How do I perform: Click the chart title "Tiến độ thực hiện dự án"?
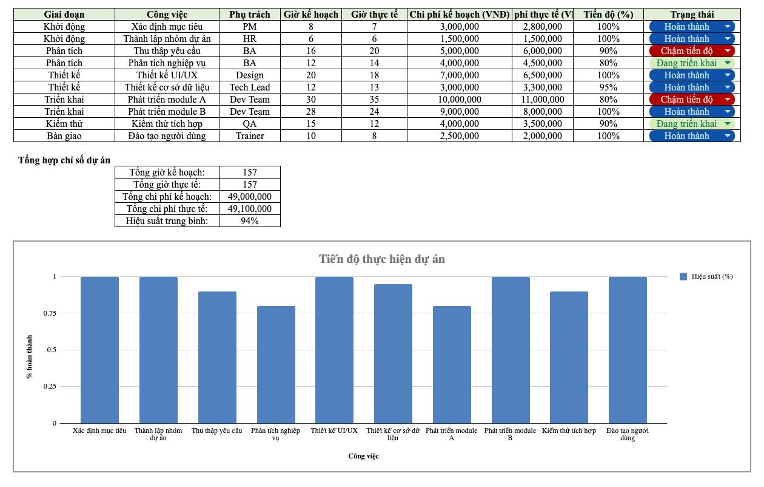click(x=382, y=259)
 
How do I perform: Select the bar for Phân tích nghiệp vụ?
click(x=276, y=364)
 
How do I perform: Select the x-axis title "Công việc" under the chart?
click(x=364, y=456)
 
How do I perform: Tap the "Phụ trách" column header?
click(x=250, y=15)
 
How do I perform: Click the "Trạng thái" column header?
click(x=692, y=15)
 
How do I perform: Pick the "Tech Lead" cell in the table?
click(x=250, y=87)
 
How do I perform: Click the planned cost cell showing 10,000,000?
click(x=460, y=100)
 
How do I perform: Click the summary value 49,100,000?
click(x=249, y=209)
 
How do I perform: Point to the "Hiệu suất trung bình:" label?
click(x=167, y=221)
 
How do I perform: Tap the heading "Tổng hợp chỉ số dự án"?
click(x=64, y=160)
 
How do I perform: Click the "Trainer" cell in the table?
click(x=250, y=136)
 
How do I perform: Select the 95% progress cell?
click(x=608, y=87)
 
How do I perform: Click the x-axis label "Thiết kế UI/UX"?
click(x=334, y=431)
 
